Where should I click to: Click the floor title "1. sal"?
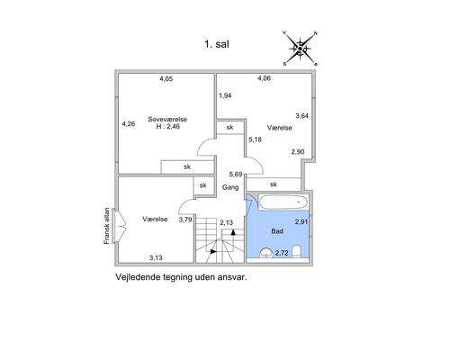coord(217,44)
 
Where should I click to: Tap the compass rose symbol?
coord(300,49)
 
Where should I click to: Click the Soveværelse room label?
coord(167,119)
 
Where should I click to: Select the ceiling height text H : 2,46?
coord(168,127)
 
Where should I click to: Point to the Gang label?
coord(230,187)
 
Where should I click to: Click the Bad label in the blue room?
coord(277,231)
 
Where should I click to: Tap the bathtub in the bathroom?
coord(283,202)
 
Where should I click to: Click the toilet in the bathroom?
coord(296,252)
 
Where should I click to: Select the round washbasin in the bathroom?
coord(266,253)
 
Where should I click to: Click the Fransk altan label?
coord(106,226)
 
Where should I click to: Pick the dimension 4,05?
coord(166,79)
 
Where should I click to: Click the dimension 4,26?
coord(129,123)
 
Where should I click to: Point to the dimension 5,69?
coord(236,174)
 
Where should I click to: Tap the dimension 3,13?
coord(156,257)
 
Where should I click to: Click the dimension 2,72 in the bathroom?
coord(282,253)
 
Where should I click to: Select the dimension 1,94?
coord(225,95)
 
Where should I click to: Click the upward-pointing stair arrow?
coord(233,232)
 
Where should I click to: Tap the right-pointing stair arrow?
coord(213,251)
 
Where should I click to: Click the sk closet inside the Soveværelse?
coord(187,166)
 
